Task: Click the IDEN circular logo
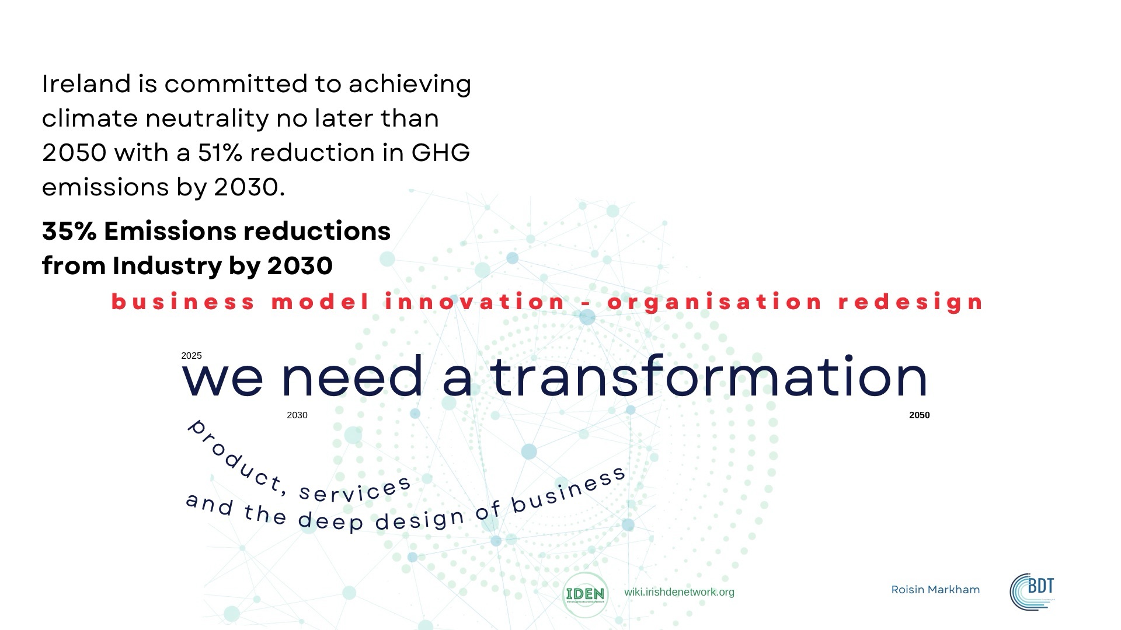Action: pos(585,594)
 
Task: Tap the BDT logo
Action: pos(1032,591)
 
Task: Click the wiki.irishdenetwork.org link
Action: pos(679,592)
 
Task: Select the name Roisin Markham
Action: pos(935,590)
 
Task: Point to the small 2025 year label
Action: pos(192,356)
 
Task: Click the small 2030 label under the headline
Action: pos(297,415)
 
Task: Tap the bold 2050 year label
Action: pos(920,415)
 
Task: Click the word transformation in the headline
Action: pos(709,376)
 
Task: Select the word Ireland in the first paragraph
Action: pos(86,83)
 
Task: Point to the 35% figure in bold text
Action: pos(69,232)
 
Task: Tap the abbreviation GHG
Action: pos(441,153)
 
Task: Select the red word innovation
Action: pos(475,302)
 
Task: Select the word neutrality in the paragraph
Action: pos(207,118)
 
